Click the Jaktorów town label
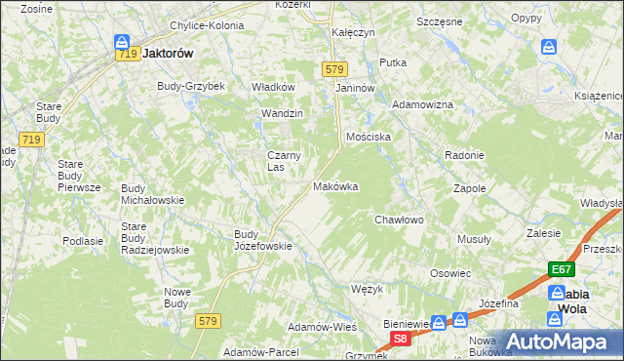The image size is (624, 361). click(x=168, y=56)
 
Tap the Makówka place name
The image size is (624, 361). click(x=335, y=185)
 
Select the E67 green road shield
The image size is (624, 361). click(x=560, y=270)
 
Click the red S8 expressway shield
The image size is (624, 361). click(x=400, y=339)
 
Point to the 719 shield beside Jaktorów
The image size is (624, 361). click(x=126, y=57)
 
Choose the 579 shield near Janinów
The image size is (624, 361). click(x=335, y=69)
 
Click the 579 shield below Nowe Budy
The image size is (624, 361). click(x=206, y=320)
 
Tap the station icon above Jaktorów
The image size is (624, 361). click(x=122, y=41)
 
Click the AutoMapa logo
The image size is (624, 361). click(x=557, y=341)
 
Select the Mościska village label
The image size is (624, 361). click(x=370, y=138)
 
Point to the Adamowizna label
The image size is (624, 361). click(x=422, y=104)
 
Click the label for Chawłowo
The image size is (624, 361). click(x=399, y=221)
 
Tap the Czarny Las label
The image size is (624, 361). click(x=284, y=160)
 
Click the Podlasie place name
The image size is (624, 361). click(x=83, y=241)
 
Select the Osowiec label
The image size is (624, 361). click(x=450, y=274)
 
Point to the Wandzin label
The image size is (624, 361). click(x=282, y=114)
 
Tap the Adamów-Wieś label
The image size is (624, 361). click(x=322, y=326)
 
